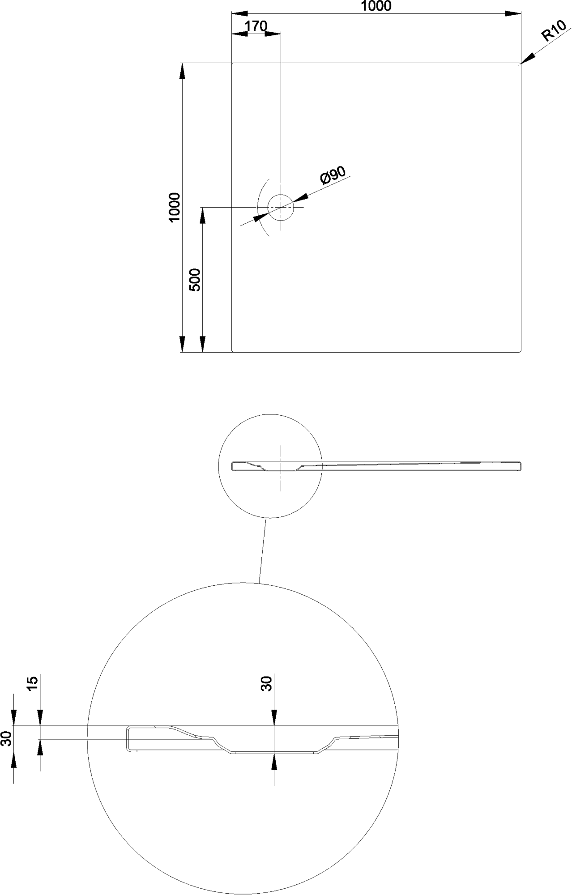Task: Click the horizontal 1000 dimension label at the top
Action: click(x=376, y=6)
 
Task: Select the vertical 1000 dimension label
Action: click(x=174, y=207)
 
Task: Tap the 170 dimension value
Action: click(x=256, y=26)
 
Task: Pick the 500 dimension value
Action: click(x=195, y=280)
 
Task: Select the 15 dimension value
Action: click(x=33, y=683)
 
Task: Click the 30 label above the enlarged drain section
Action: click(x=267, y=684)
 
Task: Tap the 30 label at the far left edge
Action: click(x=6, y=738)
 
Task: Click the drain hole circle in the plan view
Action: click(x=280, y=208)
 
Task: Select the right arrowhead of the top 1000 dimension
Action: click(x=513, y=14)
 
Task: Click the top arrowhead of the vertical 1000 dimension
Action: click(x=182, y=71)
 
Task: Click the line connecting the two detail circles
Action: click(x=263, y=550)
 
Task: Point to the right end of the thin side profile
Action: click(x=520, y=466)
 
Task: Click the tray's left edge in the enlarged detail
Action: click(x=127, y=738)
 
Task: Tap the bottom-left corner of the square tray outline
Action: click(x=232, y=352)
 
